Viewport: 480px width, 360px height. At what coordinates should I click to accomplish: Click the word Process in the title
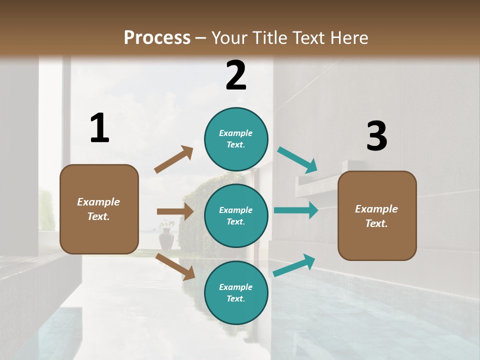157,38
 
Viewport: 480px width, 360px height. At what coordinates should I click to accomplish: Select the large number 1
99,128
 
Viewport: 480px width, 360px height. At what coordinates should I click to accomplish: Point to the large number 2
236,75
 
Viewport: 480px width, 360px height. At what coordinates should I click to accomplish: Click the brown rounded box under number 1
99,209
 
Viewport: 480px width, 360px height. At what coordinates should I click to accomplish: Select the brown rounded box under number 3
377,216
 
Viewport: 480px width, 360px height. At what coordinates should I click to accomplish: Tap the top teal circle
236,139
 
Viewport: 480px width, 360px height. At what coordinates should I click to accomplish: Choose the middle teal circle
236,215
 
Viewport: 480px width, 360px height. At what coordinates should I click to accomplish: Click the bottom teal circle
236,292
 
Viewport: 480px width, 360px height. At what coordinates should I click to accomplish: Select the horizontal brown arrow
175,211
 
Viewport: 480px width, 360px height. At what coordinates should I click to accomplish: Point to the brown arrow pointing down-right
175,266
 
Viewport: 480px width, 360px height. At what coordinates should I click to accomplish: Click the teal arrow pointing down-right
297,160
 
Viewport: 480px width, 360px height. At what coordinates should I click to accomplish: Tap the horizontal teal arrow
296,210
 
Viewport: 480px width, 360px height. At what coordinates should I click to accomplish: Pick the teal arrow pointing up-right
294,265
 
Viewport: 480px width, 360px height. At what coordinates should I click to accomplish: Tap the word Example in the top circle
235,133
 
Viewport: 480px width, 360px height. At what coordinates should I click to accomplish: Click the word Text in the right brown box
375,223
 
